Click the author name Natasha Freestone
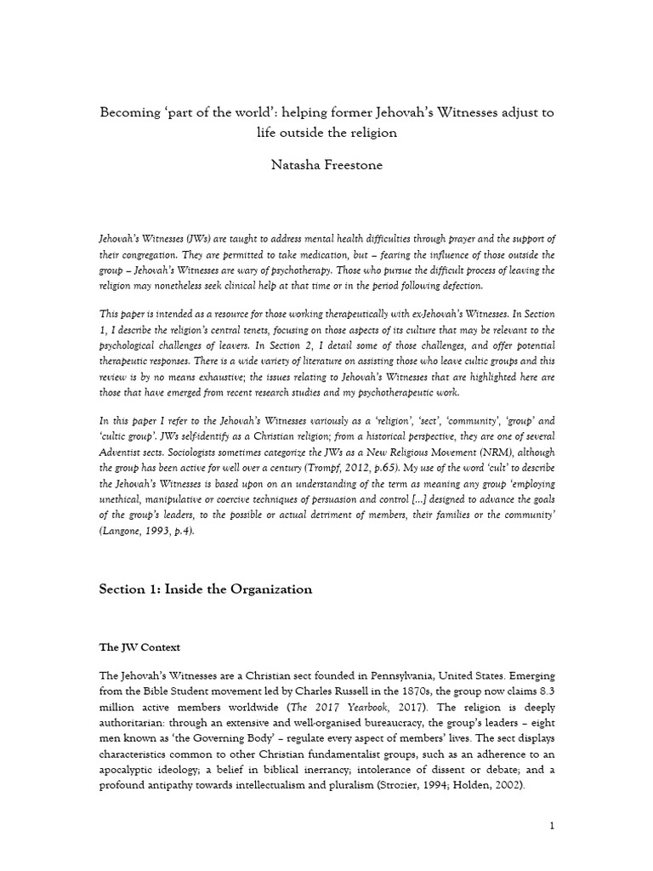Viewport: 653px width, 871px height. pyautogui.click(x=326, y=166)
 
